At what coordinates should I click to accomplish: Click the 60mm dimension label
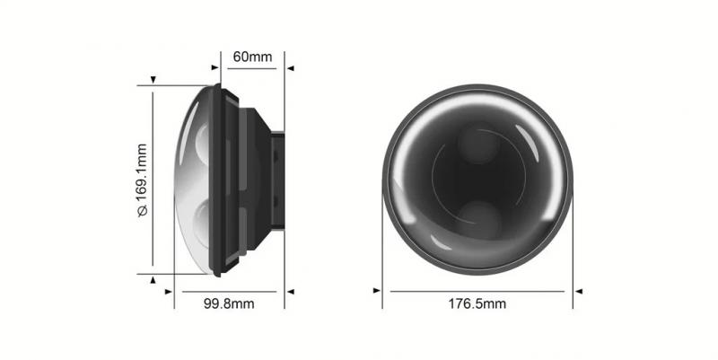point(252,57)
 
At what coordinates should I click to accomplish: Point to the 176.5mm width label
point(477,303)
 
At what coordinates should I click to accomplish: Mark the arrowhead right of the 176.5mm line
point(579,291)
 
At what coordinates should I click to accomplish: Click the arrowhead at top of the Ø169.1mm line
point(153,81)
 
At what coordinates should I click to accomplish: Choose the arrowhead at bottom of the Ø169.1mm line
point(153,279)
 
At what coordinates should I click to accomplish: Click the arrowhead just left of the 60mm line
point(215,66)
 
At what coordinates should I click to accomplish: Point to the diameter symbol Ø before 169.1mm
point(141,212)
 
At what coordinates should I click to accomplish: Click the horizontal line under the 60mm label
point(252,67)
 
